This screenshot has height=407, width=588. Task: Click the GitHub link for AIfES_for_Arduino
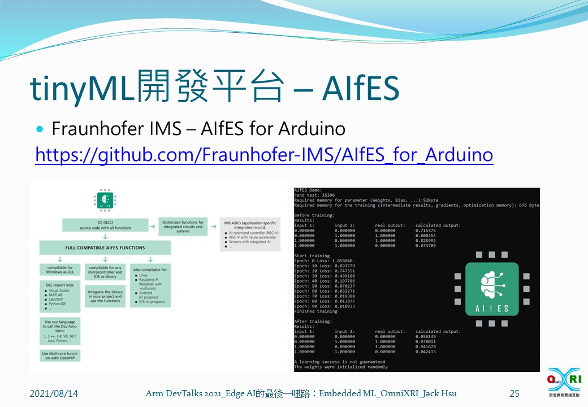click(x=264, y=155)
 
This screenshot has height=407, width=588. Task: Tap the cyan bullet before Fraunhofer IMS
click(x=40, y=129)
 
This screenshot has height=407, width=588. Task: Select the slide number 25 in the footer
click(x=514, y=393)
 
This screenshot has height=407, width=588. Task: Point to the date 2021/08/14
click(x=54, y=393)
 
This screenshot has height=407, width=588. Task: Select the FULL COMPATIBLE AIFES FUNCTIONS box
click(x=104, y=248)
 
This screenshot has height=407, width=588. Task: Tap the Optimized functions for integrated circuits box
click(x=183, y=226)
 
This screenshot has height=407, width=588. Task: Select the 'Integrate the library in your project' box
click(x=105, y=296)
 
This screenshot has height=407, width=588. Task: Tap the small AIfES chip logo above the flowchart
click(x=104, y=200)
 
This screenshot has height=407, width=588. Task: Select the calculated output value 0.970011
click(x=425, y=342)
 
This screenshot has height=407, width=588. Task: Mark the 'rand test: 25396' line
click(x=314, y=195)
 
